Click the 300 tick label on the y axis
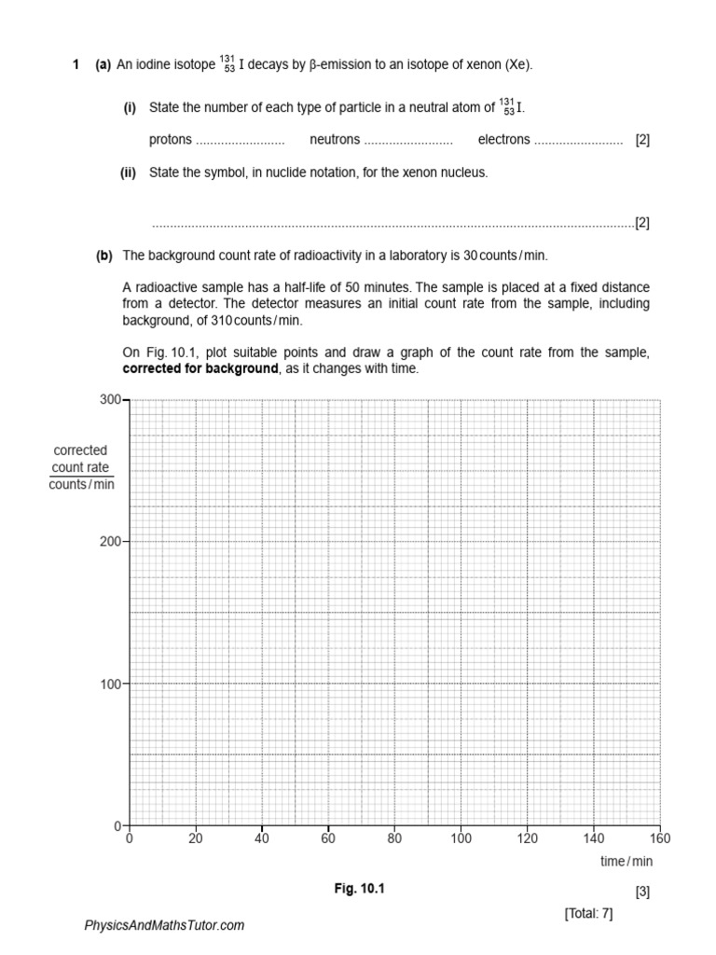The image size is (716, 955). tap(111, 399)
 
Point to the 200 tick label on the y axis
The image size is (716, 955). tap(111, 541)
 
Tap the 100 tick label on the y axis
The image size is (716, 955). tap(111, 684)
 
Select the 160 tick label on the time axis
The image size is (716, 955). tap(659, 838)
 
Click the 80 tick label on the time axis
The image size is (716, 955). tap(394, 838)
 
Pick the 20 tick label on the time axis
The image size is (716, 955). tap(195, 838)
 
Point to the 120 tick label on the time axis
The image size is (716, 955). tap(527, 838)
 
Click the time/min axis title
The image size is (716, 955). tap(626, 862)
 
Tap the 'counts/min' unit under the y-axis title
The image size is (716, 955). tap(81, 484)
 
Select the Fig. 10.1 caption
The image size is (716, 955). tap(360, 889)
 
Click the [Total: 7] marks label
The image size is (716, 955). tap(588, 913)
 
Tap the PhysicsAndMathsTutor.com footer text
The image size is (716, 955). tap(164, 925)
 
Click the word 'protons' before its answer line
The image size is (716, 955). tap(170, 140)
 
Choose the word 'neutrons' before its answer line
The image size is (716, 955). tap(335, 140)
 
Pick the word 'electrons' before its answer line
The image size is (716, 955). tap(503, 140)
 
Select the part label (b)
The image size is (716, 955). tap(103, 256)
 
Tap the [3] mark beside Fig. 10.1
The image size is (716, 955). tap(642, 892)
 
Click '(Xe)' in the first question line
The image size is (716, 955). tap(517, 64)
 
